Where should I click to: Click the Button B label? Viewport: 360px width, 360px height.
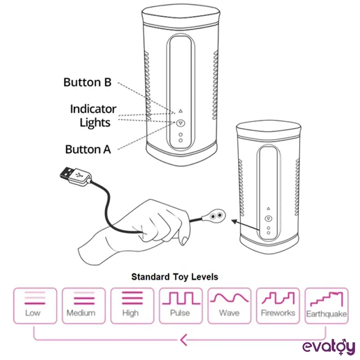[x=87, y=82]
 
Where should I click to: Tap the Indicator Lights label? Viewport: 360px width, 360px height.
[x=93, y=116]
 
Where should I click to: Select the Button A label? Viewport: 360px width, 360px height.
[x=88, y=149]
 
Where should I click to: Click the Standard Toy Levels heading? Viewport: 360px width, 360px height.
[x=175, y=276]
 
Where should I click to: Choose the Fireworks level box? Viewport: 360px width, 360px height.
[x=278, y=306]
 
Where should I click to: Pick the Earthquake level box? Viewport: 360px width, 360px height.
[x=326, y=306]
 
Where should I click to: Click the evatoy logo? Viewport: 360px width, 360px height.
[x=328, y=346]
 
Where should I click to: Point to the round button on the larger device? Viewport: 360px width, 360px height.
[x=180, y=122]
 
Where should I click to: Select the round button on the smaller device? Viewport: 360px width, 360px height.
[x=268, y=218]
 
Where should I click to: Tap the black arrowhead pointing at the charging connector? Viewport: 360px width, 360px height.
[x=234, y=221]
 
